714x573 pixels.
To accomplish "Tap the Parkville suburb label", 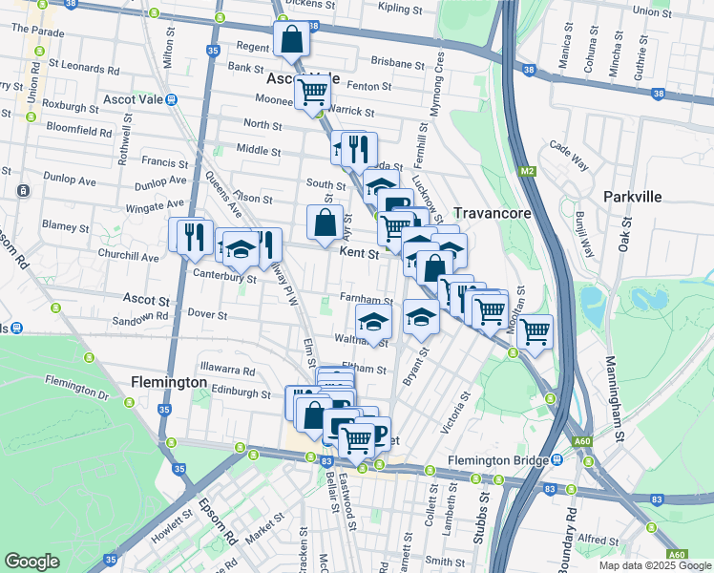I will coord(632,196).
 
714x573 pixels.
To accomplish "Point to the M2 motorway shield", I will coord(527,171).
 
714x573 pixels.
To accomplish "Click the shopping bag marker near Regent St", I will coord(292,41).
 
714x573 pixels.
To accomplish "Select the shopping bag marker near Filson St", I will coord(325,223).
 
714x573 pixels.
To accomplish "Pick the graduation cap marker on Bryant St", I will coord(420,316).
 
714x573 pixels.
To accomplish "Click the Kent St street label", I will coord(360,253).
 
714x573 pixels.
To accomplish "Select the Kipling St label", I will coord(400,9).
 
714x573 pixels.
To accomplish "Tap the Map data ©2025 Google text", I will coord(655,565).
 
